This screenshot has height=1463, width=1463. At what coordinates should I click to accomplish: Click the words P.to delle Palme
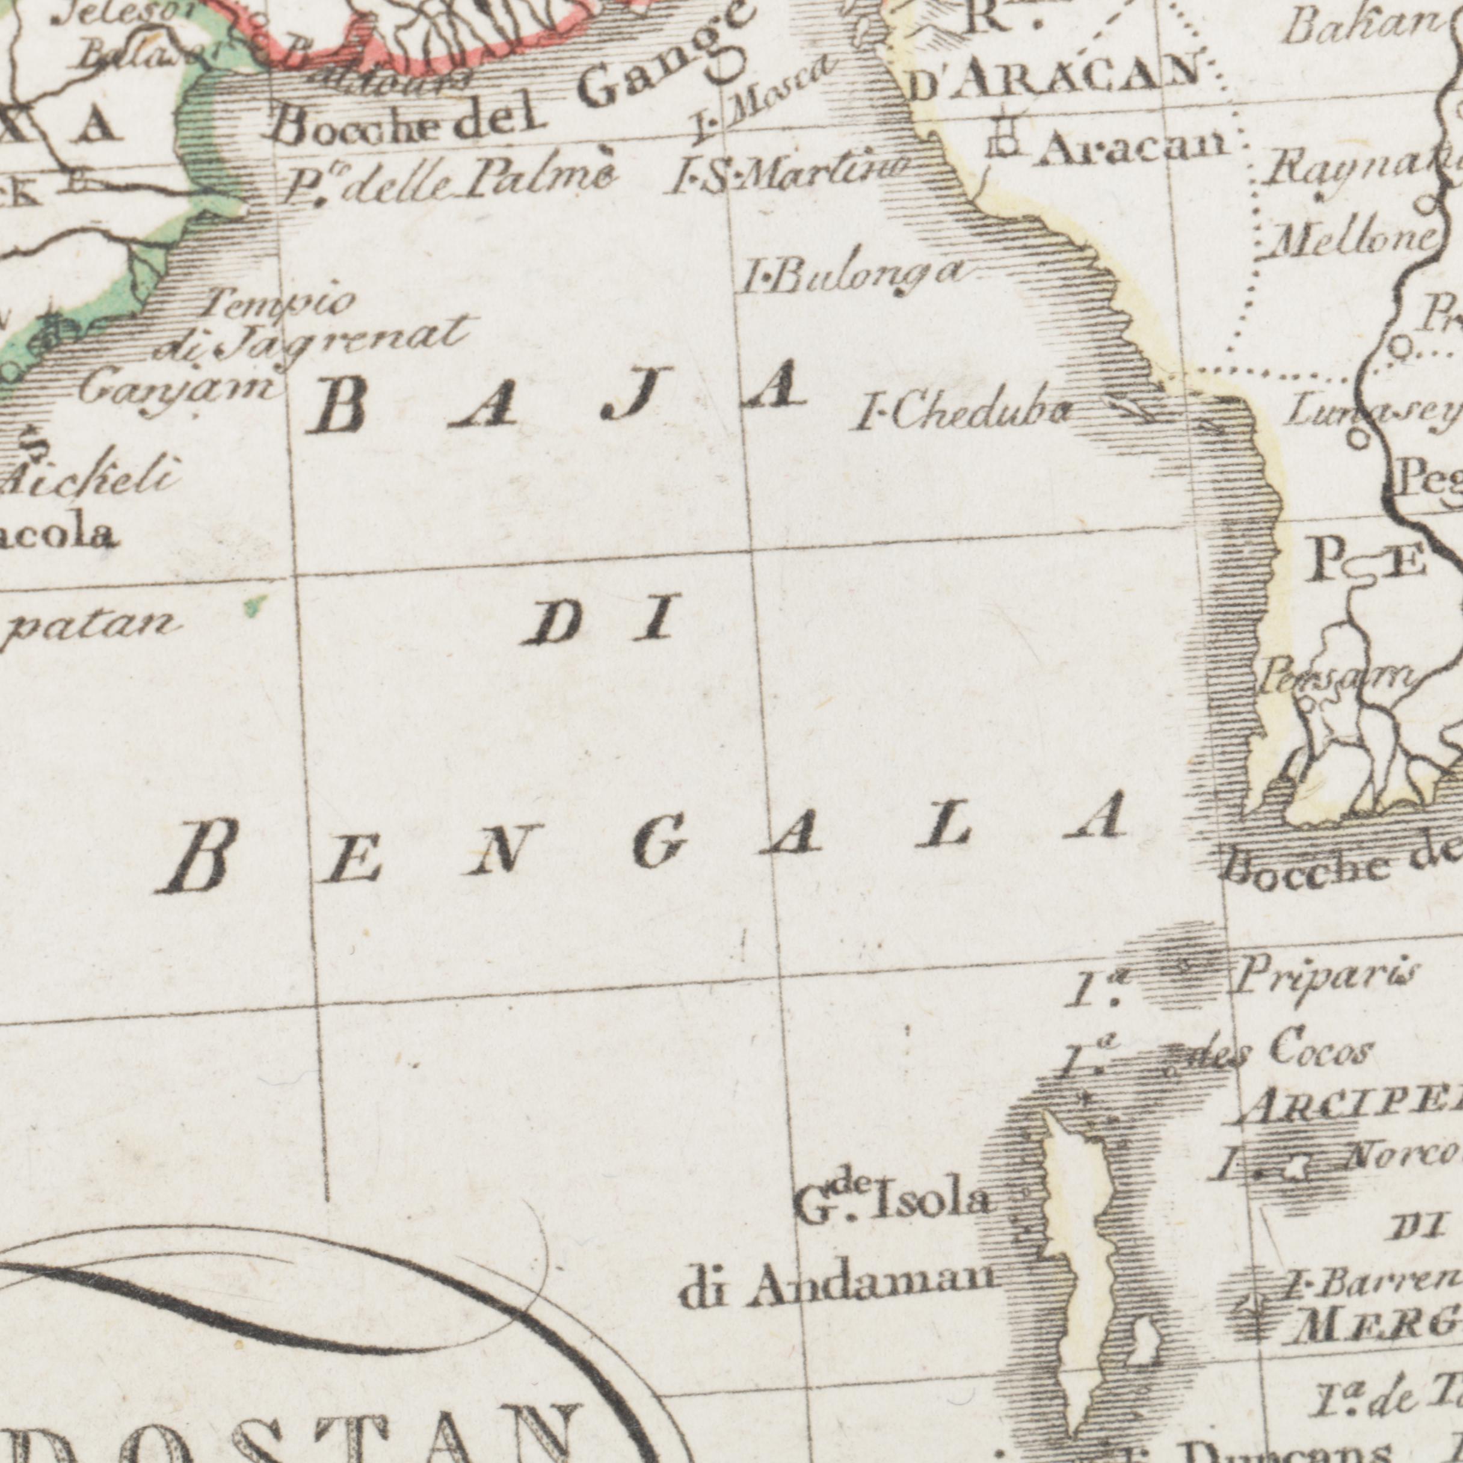(x=449, y=181)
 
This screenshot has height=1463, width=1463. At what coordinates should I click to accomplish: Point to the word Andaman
(x=871, y=1283)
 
